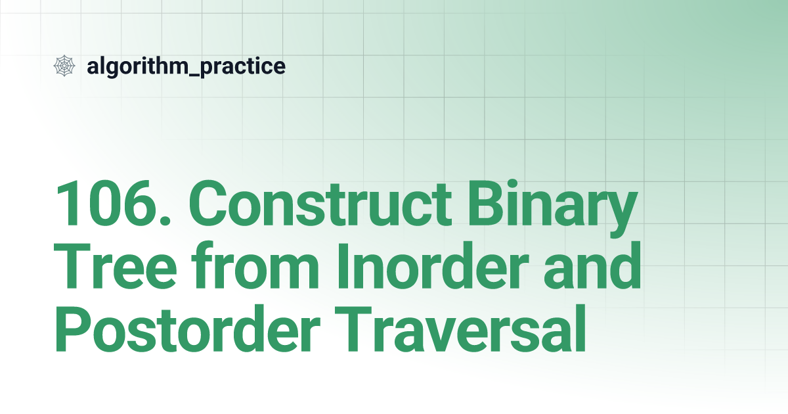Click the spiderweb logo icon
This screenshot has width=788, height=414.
click(x=64, y=66)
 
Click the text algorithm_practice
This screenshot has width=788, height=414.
click(x=186, y=66)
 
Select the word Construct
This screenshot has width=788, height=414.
click(x=320, y=203)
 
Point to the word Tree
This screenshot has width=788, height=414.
click(x=115, y=265)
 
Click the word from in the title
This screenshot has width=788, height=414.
click(x=255, y=264)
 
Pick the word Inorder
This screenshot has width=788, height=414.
click(x=433, y=265)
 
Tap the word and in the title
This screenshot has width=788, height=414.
click(x=593, y=265)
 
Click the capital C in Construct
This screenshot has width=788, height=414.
click(x=208, y=203)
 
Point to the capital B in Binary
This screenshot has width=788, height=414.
click(x=485, y=203)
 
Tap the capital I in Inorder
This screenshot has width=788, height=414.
click(x=343, y=265)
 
